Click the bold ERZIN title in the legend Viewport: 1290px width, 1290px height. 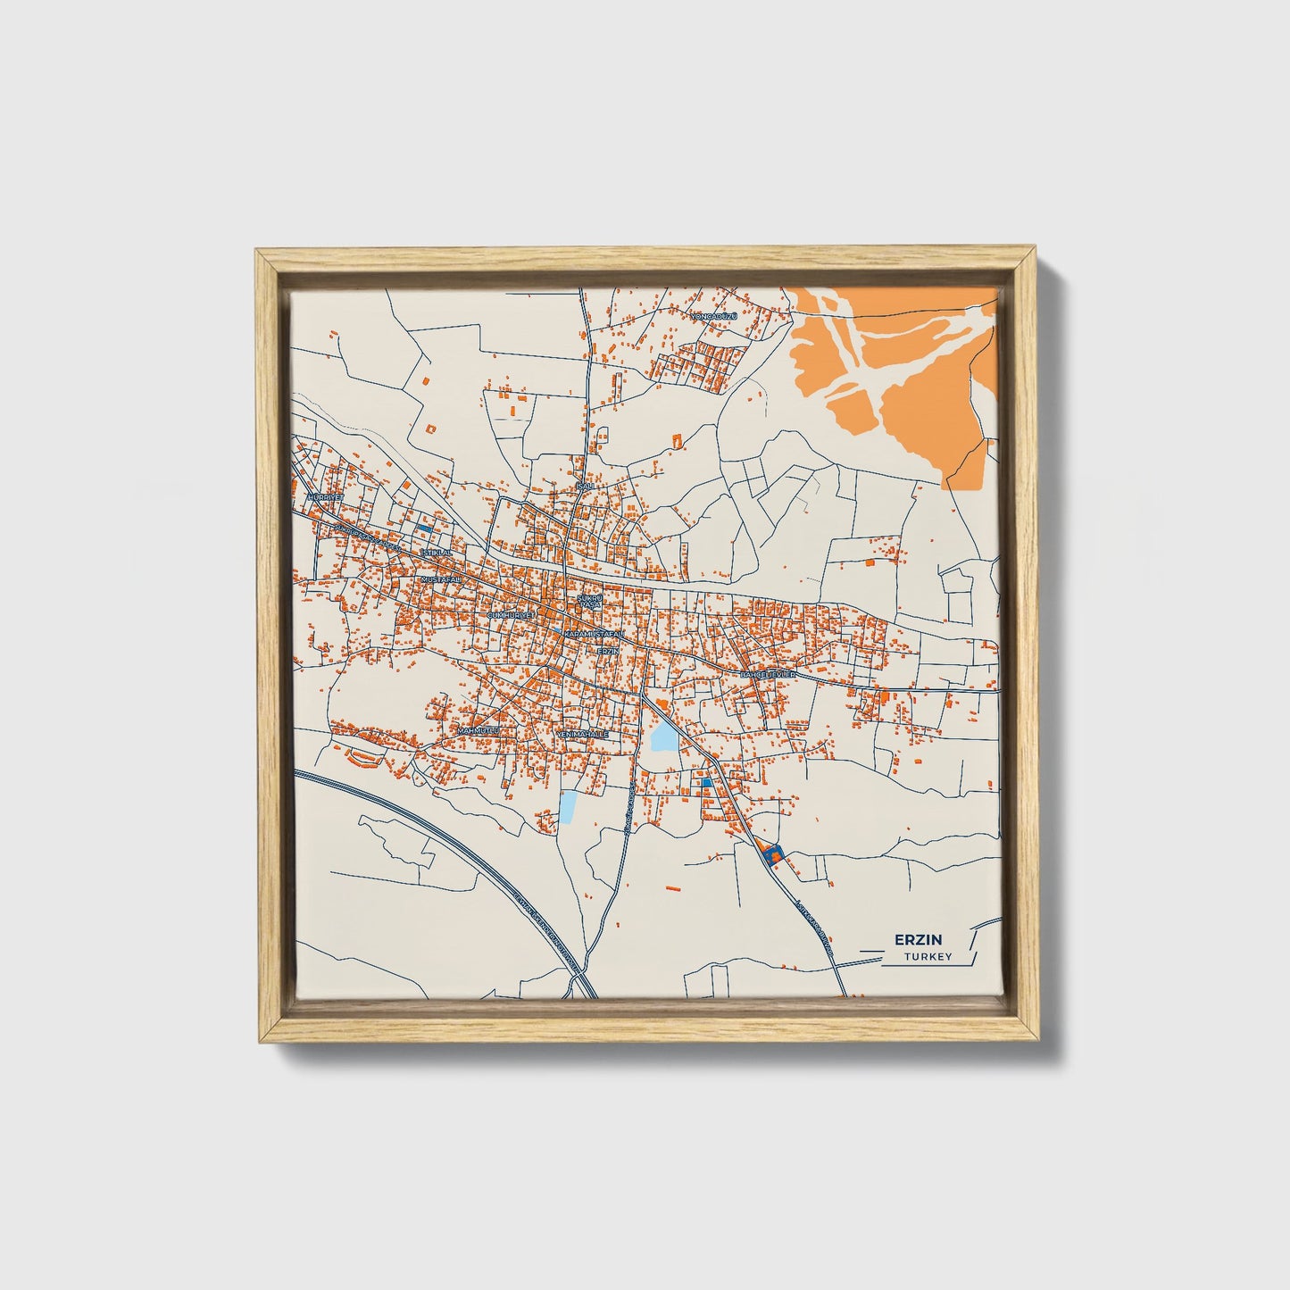pyautogui.click(x=911, y=939)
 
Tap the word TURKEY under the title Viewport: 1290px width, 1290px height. pyautogui.click(x=928, y=957)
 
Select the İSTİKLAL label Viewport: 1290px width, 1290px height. pyautogui.click(x=437, y=553)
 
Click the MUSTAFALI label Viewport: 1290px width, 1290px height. pyautogui.click(x=440, y=579)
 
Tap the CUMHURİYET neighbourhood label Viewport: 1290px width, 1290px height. pyautogui.click(x=511, y=616)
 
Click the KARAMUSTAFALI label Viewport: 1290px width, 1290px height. pyautogui.click(x=595, y=633)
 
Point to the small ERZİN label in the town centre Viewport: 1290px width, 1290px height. pyautogui.click(x=607, y=651)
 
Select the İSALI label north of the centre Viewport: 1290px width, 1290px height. pyautogui.click(x=585, y=487)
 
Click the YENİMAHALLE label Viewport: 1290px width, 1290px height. pyautogui.click(x=582, y=734)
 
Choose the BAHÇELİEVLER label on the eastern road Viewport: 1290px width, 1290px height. pyautogui.click(x=766, y=675)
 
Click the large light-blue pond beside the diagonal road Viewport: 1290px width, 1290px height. pyautogui.click(x=663, y=737)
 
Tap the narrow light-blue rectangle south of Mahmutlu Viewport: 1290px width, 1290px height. pyautogui.click(x=568, y=806)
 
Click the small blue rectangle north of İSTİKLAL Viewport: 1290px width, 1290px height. pyautogui.click(x=425, y=530)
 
